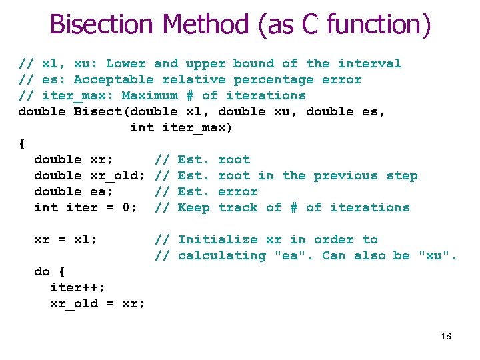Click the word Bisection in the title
pos(102,25)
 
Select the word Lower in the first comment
pos(125,63)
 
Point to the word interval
pos(369,63)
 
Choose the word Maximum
pos(149,95)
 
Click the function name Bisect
pos(97,111)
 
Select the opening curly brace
pos(22,143)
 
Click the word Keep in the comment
pos(193,207)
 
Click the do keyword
pos(42,271)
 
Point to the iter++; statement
pos(77,287)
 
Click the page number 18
pos(445,336)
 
